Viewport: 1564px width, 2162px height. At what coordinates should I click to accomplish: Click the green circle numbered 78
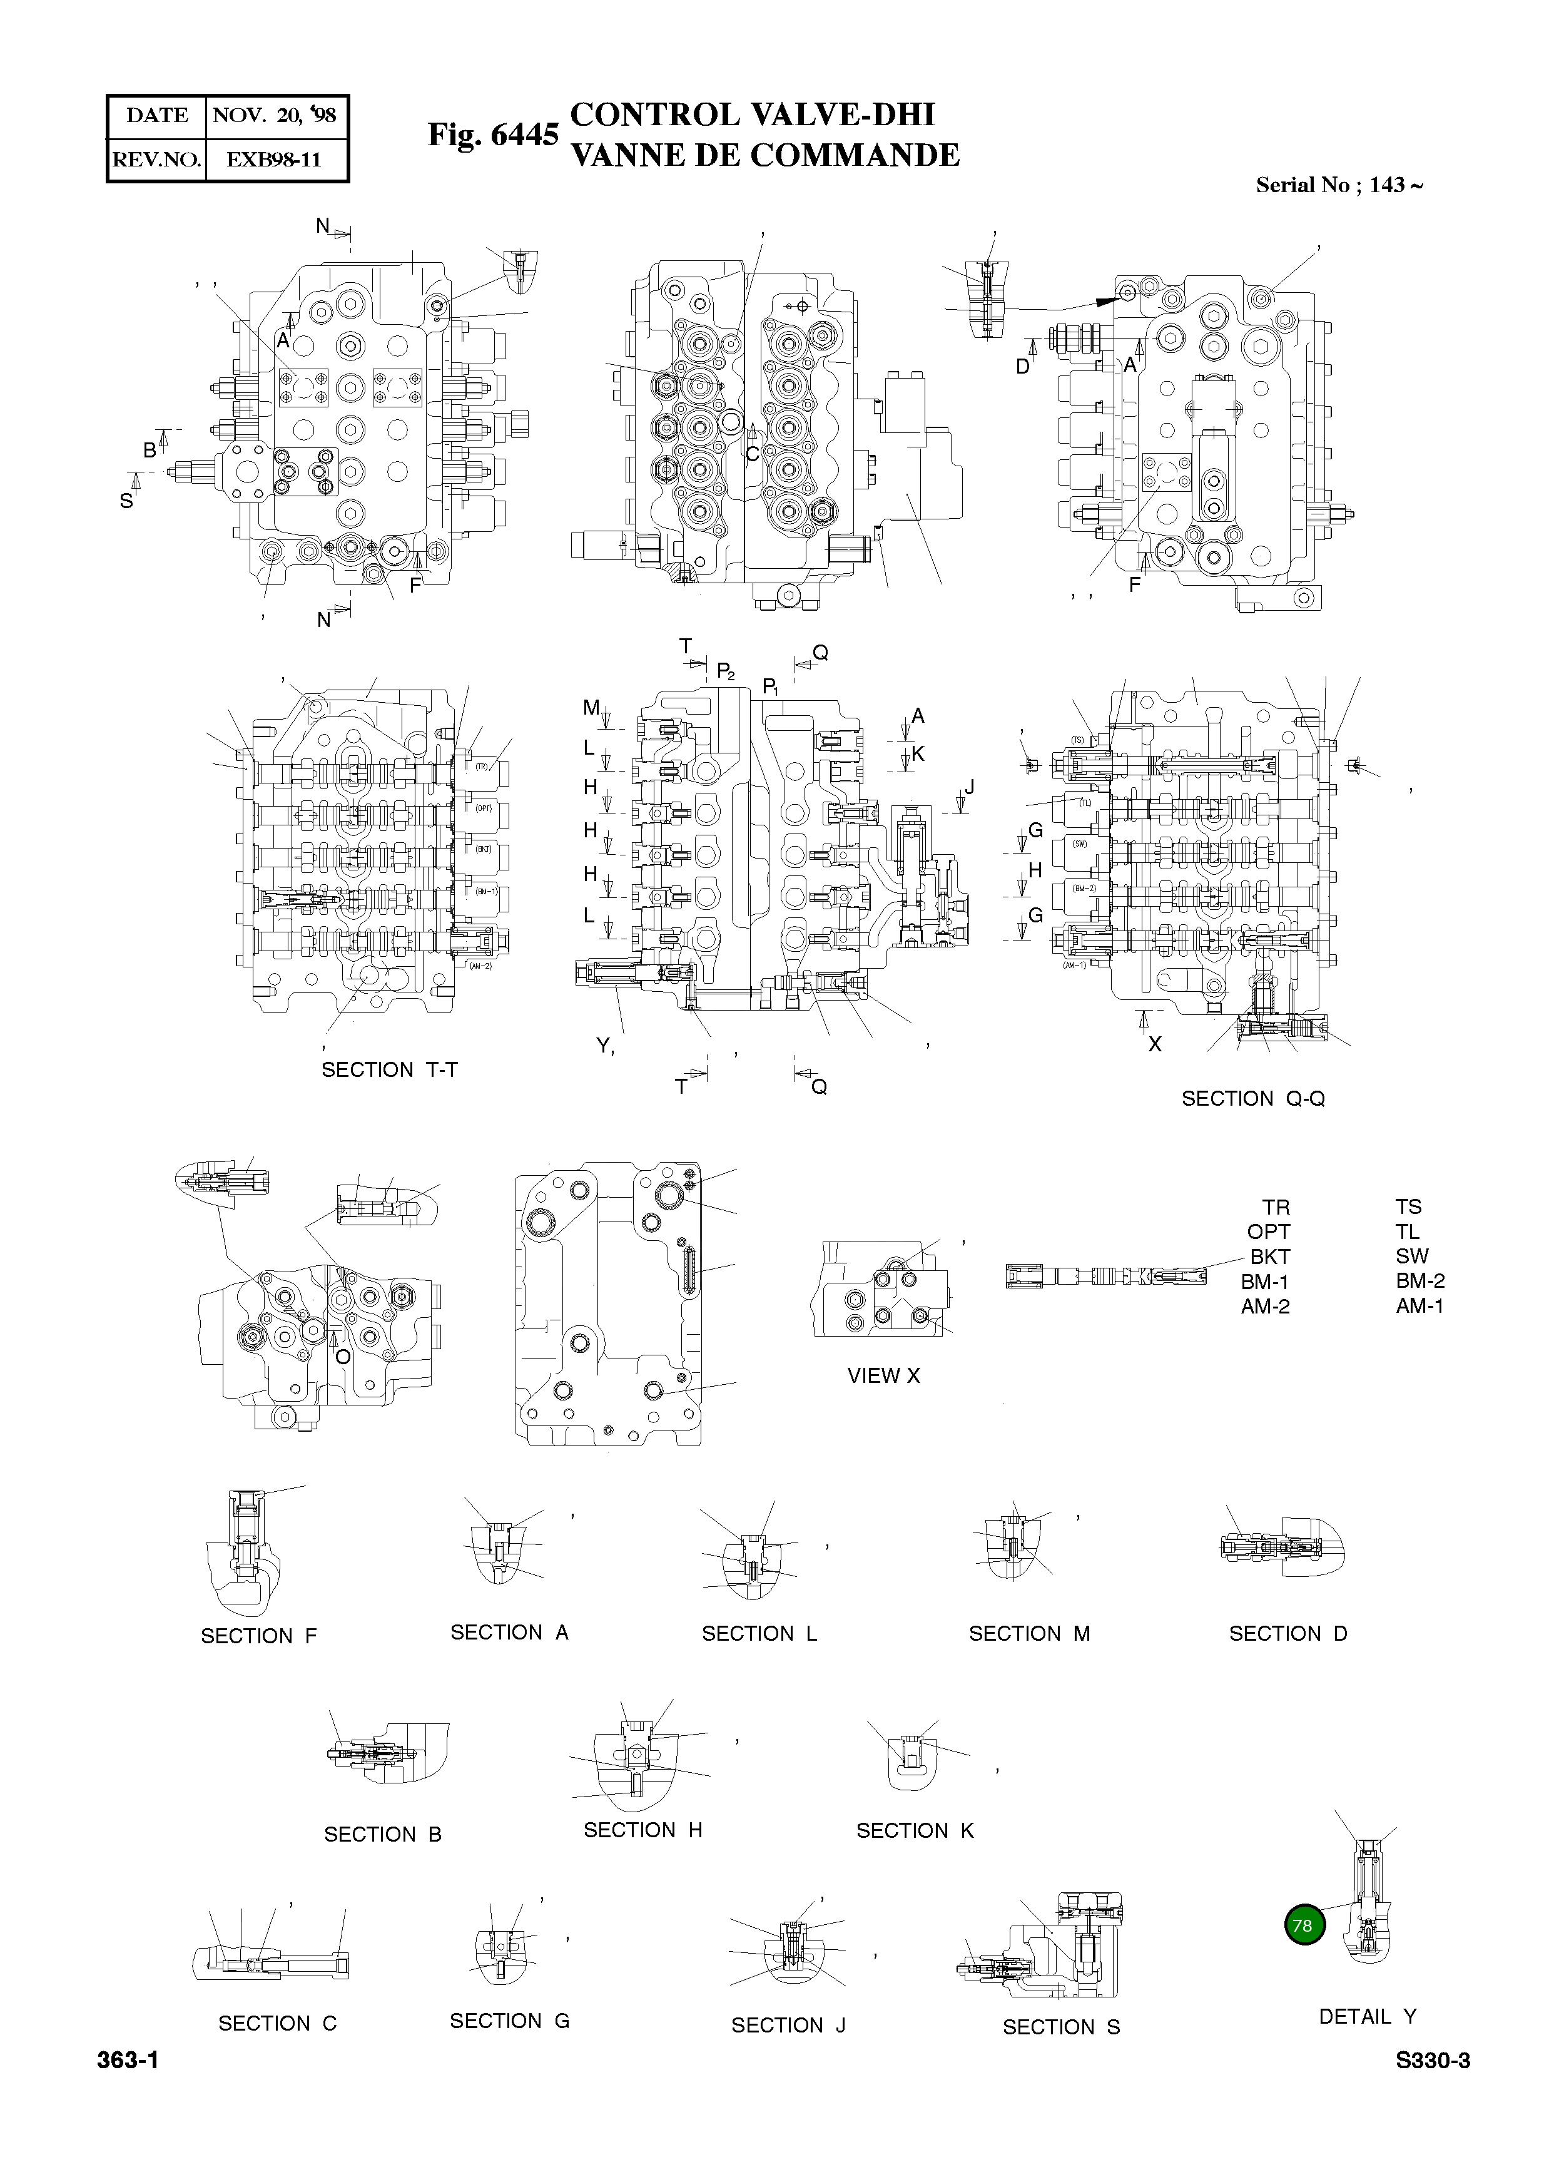coord(1304,1925)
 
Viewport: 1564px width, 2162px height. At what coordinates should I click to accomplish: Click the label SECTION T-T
coord(389,1069)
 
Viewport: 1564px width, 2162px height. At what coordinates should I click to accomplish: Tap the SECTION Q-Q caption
coord(1252,1098)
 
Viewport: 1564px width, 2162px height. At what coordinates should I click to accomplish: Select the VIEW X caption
coord(883,1375)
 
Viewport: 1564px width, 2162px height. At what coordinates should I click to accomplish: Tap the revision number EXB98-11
coord(275,159)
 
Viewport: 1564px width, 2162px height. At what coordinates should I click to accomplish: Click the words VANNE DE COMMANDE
coord(764,155)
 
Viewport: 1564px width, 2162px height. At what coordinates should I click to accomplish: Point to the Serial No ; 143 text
coord(1338,185)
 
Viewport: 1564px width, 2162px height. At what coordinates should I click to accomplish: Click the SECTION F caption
coord(258,1636)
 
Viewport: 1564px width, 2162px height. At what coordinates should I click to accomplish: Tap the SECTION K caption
coord(915,1830)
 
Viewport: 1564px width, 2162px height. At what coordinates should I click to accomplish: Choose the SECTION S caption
coord(1061,2027)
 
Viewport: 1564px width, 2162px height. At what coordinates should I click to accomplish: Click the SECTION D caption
coord(1287,1634)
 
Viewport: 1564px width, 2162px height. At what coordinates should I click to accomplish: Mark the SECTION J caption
coord(788,2025)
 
